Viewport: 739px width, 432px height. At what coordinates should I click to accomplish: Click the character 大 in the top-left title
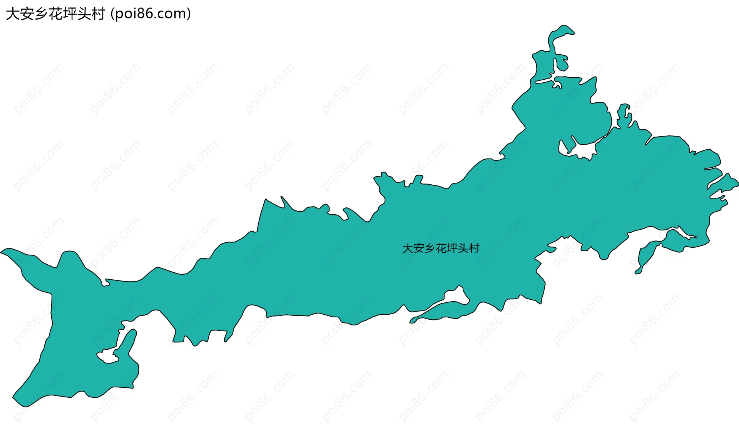(12, 14)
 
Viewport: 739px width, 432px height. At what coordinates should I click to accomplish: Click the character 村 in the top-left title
(98, 14)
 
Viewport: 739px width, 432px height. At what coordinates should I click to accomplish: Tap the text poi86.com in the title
(150, 14)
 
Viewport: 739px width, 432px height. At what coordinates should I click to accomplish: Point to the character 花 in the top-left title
(55, 14)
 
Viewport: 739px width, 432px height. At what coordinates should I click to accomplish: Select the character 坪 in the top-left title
(70, 14)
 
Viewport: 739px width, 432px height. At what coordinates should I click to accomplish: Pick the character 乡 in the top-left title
(41, 14)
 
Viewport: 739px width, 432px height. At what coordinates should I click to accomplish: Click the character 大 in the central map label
(407, 249)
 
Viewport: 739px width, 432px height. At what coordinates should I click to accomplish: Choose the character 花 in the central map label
(441, 249)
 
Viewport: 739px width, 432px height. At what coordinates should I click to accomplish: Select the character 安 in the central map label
(418, 249)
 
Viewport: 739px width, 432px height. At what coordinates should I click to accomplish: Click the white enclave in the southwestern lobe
(109, 355)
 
